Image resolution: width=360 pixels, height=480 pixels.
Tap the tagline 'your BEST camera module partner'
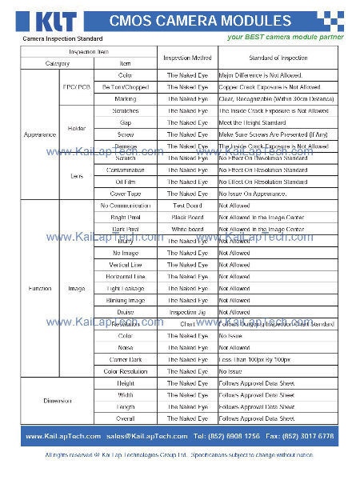[285, 37]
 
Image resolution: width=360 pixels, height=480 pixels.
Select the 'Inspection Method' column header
[187, 58]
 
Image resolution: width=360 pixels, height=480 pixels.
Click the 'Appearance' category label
[39, 134]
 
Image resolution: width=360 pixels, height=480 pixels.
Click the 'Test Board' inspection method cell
[187, 206]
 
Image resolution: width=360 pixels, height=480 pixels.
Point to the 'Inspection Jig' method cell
[187, 312]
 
